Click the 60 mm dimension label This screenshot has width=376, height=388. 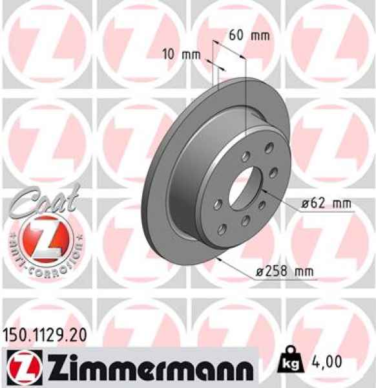click(x=249, y=36)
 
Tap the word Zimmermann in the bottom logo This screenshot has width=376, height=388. click(x=154, y=369)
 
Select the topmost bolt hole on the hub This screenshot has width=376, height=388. click(x=246, y=156)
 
